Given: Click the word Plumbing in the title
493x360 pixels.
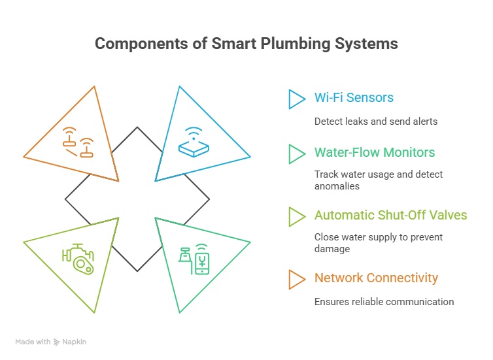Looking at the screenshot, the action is click(296, 44).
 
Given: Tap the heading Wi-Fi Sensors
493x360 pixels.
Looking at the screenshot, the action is click(354, 97).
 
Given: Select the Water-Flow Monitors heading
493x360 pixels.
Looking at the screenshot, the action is click(375, 152).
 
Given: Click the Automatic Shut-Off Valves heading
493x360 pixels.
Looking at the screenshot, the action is click(391, 215).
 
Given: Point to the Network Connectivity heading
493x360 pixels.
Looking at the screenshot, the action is click(376, 278).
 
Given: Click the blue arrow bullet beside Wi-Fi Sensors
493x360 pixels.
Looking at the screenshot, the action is click(296, 99).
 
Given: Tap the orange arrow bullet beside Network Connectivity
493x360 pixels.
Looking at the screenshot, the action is click(296, 279).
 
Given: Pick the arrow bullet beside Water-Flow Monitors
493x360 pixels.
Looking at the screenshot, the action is click(296, 154).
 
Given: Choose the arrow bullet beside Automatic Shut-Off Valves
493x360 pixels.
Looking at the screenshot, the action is click(296, 217).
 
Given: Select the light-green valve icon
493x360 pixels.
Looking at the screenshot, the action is click(78, 259).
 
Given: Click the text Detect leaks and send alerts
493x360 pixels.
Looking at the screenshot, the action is click(376, 122).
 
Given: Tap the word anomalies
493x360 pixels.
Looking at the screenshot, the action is click(337, 186).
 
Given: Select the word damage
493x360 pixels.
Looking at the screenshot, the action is click(332, 249).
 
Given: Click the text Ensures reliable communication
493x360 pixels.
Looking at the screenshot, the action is click(384, 302).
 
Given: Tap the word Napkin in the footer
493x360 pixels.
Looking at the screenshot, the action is click(74, 342).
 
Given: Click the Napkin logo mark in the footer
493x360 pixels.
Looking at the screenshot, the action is click(56, 342).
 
